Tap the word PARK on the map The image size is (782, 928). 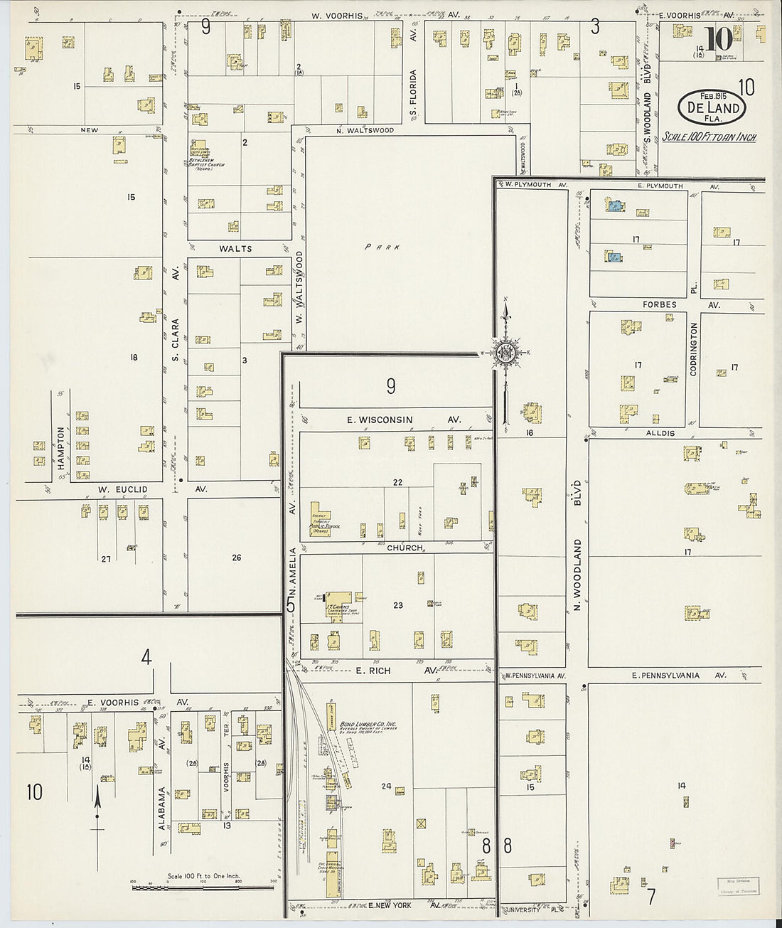(x=382, y=247)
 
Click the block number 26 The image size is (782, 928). (x=236, y=558)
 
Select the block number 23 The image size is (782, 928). (x=397, y=605)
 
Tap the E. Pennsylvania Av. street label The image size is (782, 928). (x=675, y=676)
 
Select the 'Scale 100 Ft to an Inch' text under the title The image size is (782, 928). (x=709, y=137)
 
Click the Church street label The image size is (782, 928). (x=405, y=548)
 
